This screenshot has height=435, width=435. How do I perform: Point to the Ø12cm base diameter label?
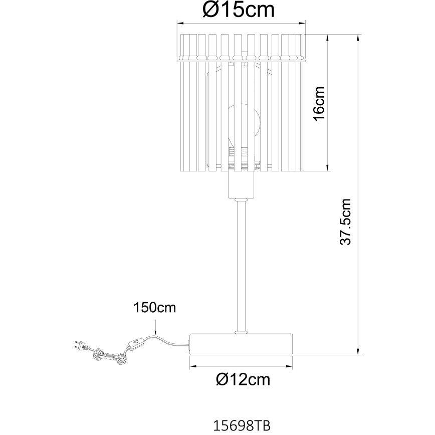(243, 380)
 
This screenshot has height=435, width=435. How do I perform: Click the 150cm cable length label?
(155, 308)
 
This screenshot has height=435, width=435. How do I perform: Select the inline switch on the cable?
(136, 343)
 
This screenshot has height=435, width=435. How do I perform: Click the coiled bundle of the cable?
(108, 356)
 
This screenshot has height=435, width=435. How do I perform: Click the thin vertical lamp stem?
(241, 266)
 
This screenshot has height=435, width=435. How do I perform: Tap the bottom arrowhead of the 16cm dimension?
(328, 169)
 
